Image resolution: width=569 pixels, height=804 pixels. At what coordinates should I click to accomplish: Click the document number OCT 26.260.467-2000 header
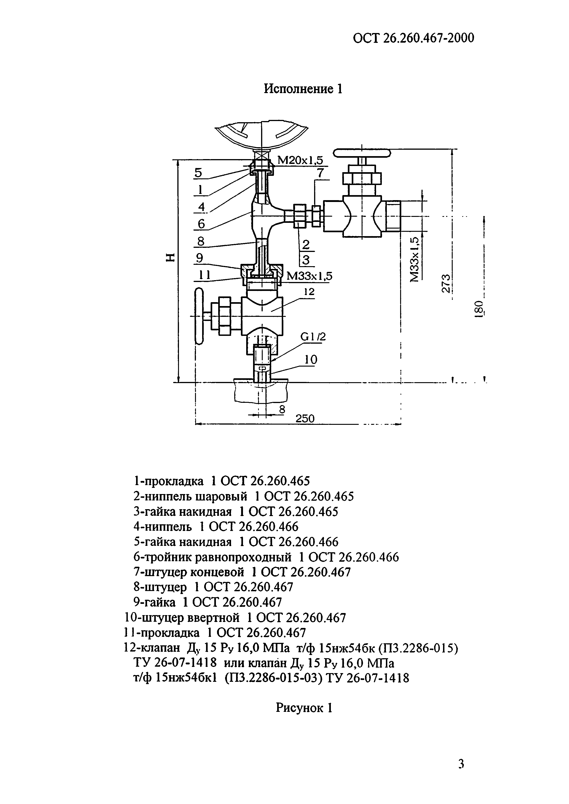coord(413,38)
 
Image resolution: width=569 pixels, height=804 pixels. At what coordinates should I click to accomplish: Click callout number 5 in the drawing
coord(199,173)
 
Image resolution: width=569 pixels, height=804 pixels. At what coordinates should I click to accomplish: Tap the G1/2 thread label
coord(313,337)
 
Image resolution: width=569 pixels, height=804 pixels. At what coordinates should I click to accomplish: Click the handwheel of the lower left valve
coord(199,316)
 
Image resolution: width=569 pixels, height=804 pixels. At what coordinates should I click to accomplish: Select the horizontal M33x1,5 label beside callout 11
coord(309,276)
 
